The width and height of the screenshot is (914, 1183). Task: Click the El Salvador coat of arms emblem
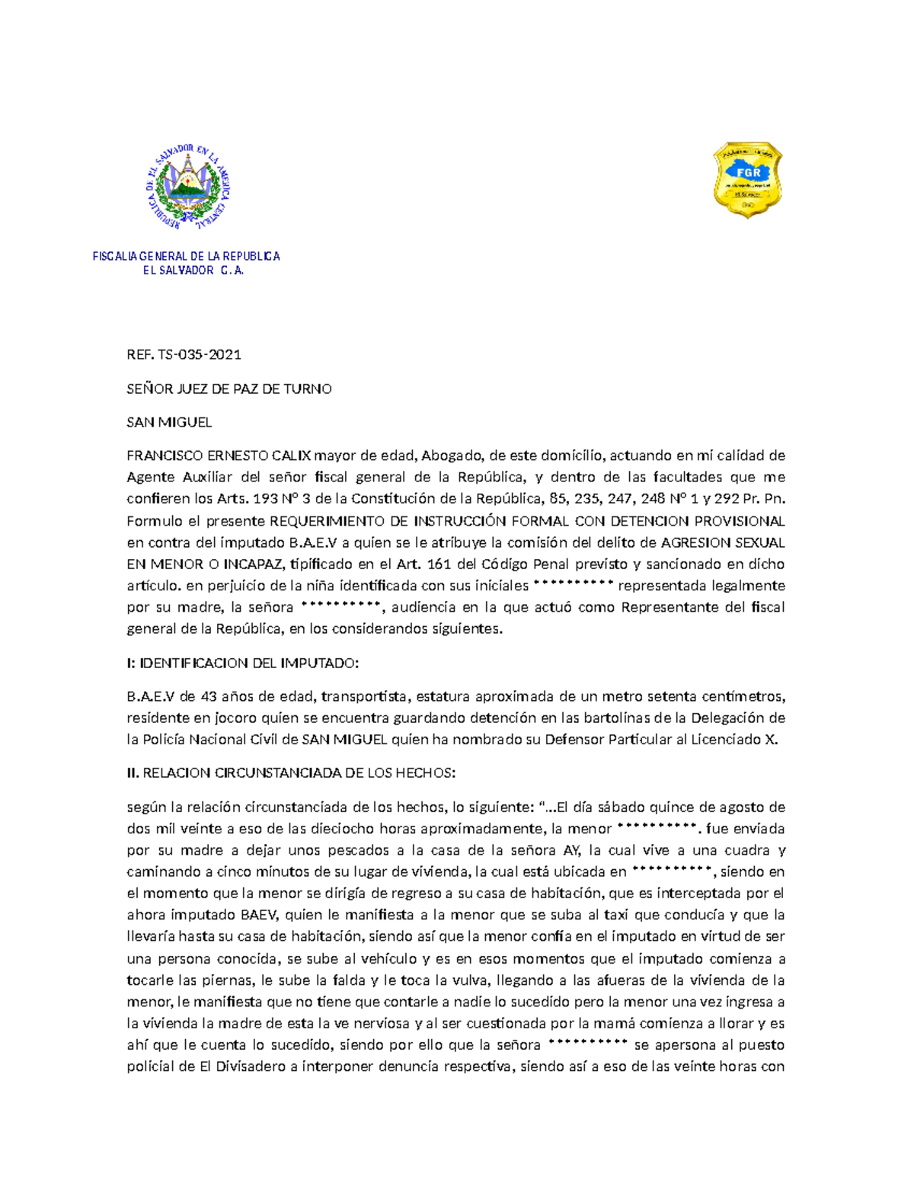point(187,186)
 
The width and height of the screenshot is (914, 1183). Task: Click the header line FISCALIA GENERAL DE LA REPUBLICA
point(186,257)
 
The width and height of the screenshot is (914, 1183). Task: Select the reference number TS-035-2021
point(200,354)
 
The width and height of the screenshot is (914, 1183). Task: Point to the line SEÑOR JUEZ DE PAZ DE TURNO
point(228,388)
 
